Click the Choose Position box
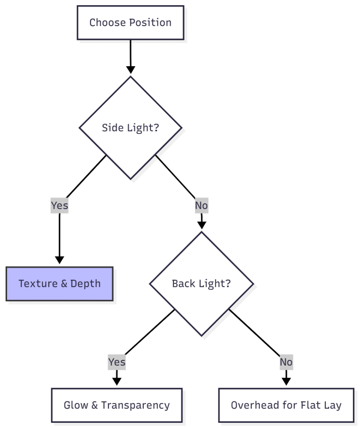pos(130,23)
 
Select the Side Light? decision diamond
pos(130,128)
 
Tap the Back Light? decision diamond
pos(201,284)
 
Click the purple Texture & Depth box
pos(59,284)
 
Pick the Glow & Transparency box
pos(116,405)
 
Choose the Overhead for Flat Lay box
pos(286,405)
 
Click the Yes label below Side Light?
pos(59,206)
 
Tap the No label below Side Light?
pos(201,206)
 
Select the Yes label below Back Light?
pos(116,362)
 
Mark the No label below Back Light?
pos(286,362)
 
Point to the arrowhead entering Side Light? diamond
pos(130,70)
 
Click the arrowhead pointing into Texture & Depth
pos(59,260)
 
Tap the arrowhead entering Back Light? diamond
pos(202,225)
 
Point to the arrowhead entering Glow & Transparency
pos(116,381)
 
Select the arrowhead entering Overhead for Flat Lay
pos(286,381)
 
